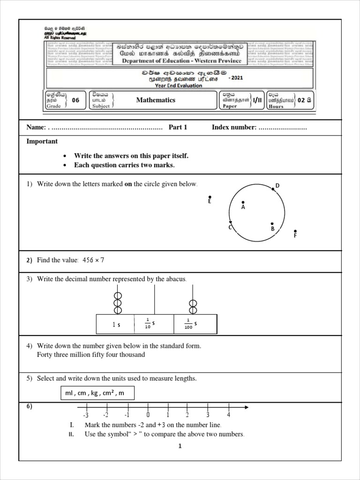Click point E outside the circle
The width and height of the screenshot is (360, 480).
click(210, 197)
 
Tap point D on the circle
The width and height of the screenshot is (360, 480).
click(273, 189)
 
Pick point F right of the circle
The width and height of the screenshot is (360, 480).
click(295, 231)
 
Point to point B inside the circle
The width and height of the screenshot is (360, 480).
click(272, 225)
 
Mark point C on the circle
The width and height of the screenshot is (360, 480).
click(230, 223)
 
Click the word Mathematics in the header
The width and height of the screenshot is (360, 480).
click(156, 100)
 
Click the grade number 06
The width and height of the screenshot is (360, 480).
click(75, 100)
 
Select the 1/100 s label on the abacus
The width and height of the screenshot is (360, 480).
click(190, 323)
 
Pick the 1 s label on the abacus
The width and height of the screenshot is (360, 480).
click(117, 324)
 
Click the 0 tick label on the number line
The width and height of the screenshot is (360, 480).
click(148, 415)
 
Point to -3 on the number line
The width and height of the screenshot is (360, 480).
click(85, 415)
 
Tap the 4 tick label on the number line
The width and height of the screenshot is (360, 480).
click(228, 415)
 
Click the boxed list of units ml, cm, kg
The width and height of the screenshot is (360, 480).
click(97, 393)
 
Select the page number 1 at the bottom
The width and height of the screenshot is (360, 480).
click(180, 446)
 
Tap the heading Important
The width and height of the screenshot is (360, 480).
click(42, 142)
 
